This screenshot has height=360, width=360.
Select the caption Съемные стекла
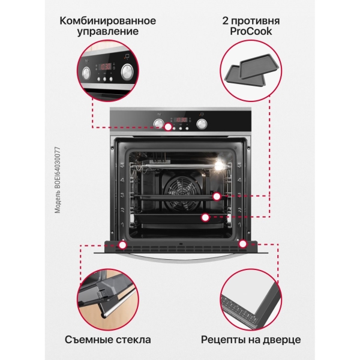[x=108, y=340]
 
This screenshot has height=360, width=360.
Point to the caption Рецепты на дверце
[x=250, y=340]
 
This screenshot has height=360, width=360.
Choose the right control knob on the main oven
[x=202, y=124]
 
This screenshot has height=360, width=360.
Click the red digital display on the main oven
[x=181, y=118]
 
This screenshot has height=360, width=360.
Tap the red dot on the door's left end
[x=123, y=244]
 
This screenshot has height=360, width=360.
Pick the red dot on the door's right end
[x=244, y=244]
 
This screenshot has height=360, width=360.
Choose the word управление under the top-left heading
[x=108, y=33]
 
